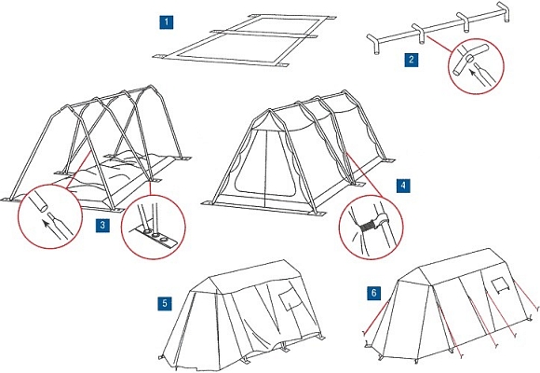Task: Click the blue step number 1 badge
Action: coord(167,22)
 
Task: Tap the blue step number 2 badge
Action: coord(412,60)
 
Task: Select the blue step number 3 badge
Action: coord(102,226)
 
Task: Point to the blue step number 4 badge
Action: coord(404,186)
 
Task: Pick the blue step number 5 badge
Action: coord(165,304)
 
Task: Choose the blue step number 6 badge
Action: coord(374,294)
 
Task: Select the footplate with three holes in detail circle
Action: coord(154,237)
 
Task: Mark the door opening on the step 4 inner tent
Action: coord(264,163)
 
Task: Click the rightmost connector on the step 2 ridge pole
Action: coord(504,12)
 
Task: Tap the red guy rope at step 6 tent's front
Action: coord(375,317)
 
